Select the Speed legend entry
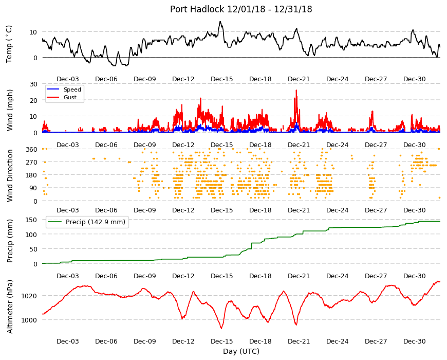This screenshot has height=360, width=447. click(72, 89)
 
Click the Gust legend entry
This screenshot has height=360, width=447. click(70, 97)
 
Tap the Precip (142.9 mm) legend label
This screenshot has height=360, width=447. click(96, 222)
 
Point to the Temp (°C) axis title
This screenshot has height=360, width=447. click(9, 44)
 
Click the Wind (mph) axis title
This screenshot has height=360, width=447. click(10, 110)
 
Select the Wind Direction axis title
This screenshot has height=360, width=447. click(10, 175)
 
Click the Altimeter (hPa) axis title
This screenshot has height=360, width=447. click(10, 307)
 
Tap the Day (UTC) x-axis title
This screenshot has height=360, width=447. click(241, 351)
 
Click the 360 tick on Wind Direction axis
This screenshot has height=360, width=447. click(32, 150)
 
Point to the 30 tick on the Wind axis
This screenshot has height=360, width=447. click(33, 84)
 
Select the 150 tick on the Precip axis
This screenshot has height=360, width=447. click(32, 220)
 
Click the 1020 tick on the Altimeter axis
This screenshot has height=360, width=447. click(29, 296)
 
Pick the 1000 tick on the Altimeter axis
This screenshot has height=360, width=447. click(29, 320)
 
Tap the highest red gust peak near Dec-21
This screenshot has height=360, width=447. click(296, 90)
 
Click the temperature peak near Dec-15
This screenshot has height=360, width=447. click(220, 22)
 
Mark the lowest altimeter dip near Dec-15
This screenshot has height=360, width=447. click(221, 328)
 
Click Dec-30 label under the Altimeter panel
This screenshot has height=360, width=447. click(414, 341)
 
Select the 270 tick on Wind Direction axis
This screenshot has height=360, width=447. click(32, 163)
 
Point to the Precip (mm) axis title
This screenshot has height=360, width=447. click(10, 241)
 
